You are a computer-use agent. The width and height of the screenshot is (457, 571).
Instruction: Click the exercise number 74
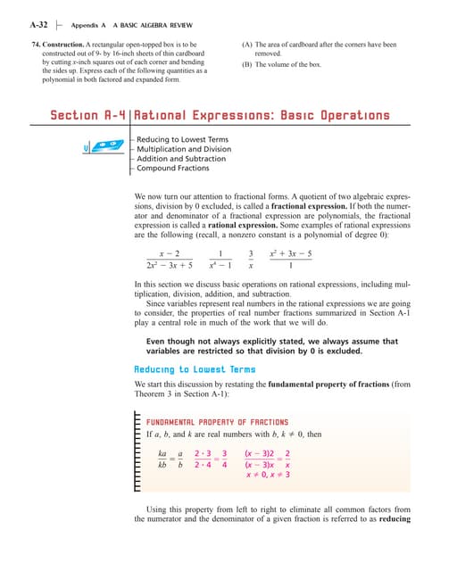pos(36,43)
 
